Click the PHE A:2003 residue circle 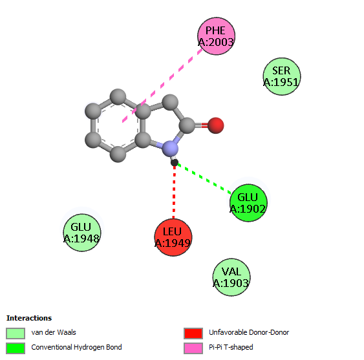(217, 36)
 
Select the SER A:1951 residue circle (282, 76)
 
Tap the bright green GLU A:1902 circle (248, 203)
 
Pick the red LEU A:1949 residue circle (173, 237)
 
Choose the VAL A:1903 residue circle (231, 277)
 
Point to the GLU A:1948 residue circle (82, 233)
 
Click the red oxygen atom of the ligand (216, 125)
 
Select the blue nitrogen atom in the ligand (170, 149)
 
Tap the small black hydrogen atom (175, 162)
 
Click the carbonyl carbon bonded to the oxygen (187, 125)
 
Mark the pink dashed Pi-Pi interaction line (162, 85)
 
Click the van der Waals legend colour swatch (16, 334)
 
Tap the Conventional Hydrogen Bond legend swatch (16, 348)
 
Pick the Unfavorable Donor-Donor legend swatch (193, 334)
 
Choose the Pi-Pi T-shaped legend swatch (193, 348)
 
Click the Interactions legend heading (29, 318)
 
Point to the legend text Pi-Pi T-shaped (231, 347)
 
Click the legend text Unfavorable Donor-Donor (249, 332)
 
